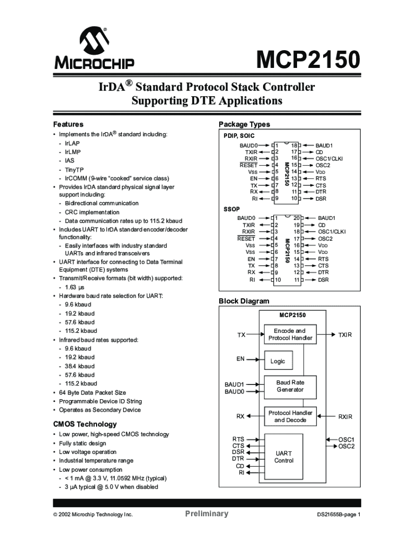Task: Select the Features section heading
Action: (x=68, y=124)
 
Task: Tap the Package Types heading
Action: (x=244, y=124)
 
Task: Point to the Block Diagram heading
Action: (x=244, y=301)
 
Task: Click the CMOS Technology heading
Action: (x=85, y=424)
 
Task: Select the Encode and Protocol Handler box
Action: (x=290, y=334)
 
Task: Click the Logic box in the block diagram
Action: (x=278, y=361)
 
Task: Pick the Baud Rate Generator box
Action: (x=290, y=386)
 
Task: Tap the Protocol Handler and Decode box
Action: (x=290, y=416)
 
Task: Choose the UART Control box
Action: (x=283, y=457)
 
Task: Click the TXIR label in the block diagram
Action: (x=345, y=334)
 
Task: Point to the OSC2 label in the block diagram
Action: (x=346, y=446)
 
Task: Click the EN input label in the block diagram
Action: (x=240, y=359)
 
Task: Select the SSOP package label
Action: (x=232, y=209)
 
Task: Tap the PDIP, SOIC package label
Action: (x=239, y=136)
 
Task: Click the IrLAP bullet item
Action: (x=73, y=143)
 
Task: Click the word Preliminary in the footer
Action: (x=207, y=514)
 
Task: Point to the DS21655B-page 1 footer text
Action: (x=339, y=515)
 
